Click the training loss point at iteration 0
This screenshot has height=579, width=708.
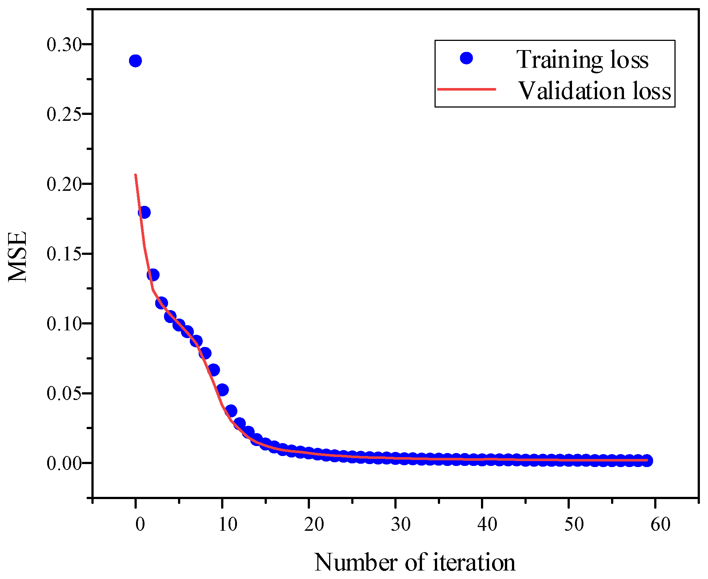pos(135,61)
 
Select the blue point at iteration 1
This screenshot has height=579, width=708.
pos(144,213)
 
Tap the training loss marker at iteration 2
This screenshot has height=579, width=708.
pos(153,275)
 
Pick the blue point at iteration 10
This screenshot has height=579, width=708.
pos(222,389)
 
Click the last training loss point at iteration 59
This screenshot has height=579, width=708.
pos(647,460)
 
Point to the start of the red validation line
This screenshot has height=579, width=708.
pos(136,175)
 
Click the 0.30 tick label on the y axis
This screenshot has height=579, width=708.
pos(64,45)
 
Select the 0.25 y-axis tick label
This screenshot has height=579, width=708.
pos(64,114)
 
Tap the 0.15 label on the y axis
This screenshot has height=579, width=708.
pos(64,254)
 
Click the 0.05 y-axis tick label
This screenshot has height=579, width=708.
pos(64,393)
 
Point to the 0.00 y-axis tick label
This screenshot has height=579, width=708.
pos(64,463)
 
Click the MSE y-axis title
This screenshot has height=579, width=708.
pos(18,257)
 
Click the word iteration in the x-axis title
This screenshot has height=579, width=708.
pos(474,562)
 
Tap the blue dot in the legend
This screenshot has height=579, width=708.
pos(466,58)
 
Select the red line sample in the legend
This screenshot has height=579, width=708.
pos(466,89)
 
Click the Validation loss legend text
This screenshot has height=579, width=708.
pos(594,91)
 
